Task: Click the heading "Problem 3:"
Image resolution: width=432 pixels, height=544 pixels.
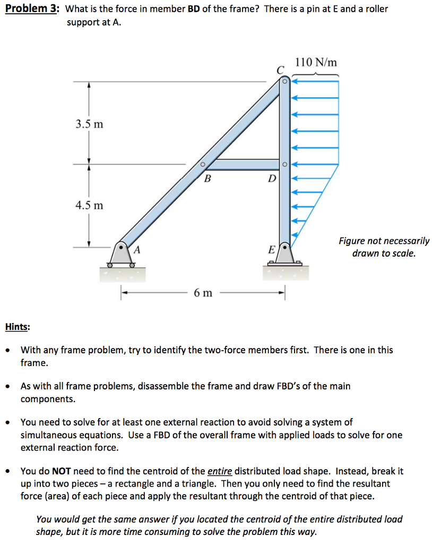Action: (x=32, y=9)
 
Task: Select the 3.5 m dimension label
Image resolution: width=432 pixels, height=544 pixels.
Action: (x=89, y=125)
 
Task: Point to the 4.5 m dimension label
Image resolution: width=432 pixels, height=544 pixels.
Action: (x=89, y=205)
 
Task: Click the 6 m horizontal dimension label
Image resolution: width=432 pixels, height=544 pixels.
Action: (x=203, y=292)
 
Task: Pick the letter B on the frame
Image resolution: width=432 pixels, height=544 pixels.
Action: (x=208, y=178)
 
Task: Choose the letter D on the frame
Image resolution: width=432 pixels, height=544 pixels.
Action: (x=272, y=178)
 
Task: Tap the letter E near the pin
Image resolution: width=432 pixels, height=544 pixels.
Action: (x=272, y=249)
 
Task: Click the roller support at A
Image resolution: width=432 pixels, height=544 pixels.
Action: (x=122, y=256)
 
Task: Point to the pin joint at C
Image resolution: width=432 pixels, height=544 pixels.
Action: (x=284, y=82)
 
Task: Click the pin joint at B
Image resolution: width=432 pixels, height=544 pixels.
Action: (x=202, y=164)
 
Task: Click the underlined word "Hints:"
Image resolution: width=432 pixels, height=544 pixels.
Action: (x=17, y=327)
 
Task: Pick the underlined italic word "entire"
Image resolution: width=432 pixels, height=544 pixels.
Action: (x=219, y=471)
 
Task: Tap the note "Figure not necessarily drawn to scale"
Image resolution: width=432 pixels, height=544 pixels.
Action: (x=384, y=247)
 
